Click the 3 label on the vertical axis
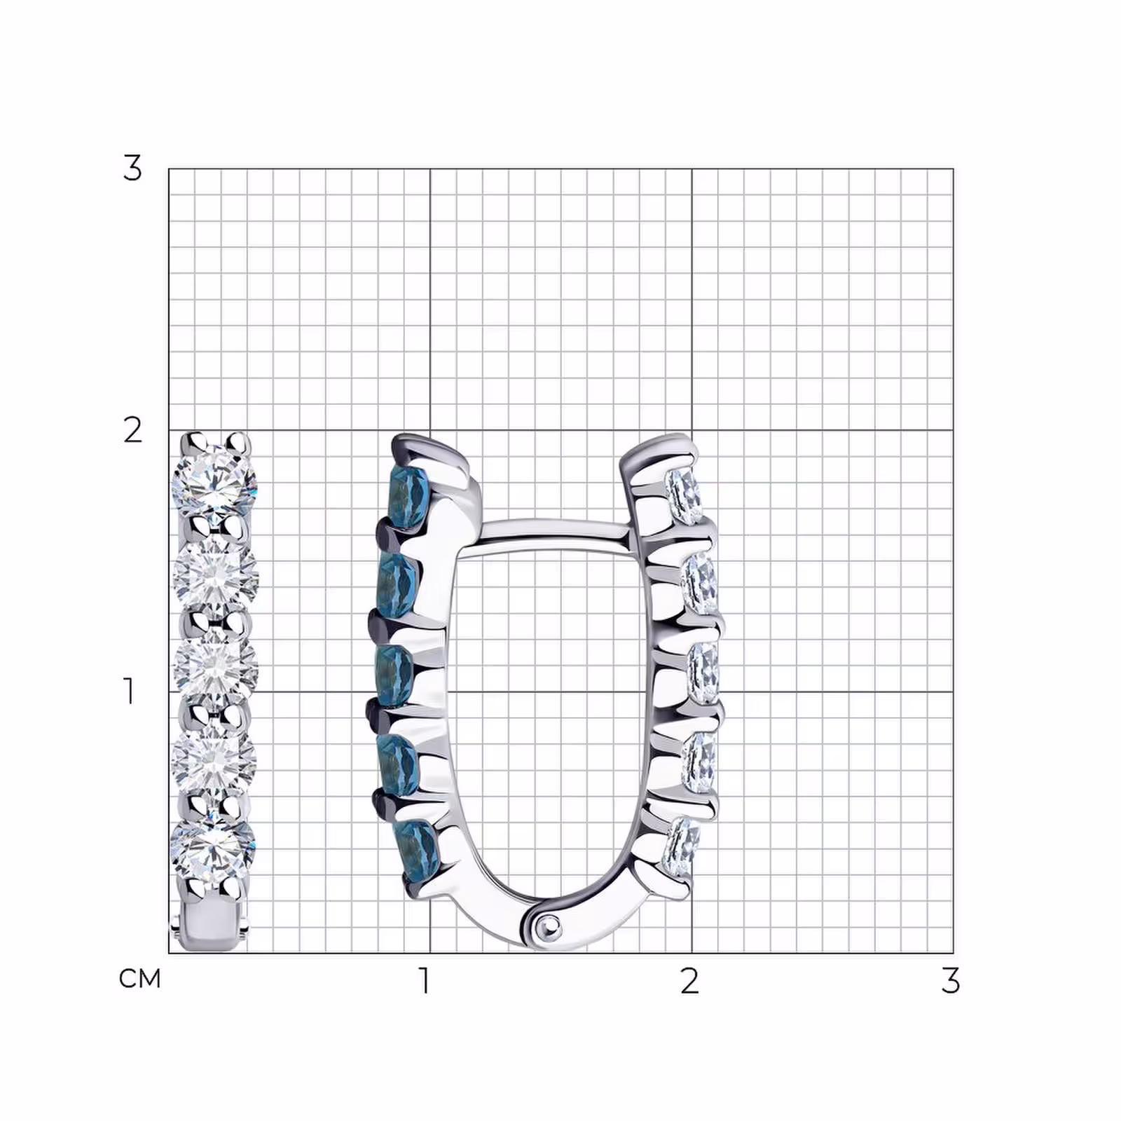[132, 168]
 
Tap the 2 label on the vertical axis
[132, 430]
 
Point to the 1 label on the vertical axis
[129, 691]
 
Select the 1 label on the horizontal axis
[424, 981]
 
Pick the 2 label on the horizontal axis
[689, 981]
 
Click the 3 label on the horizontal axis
[950, 981]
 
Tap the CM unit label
[140, 979]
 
